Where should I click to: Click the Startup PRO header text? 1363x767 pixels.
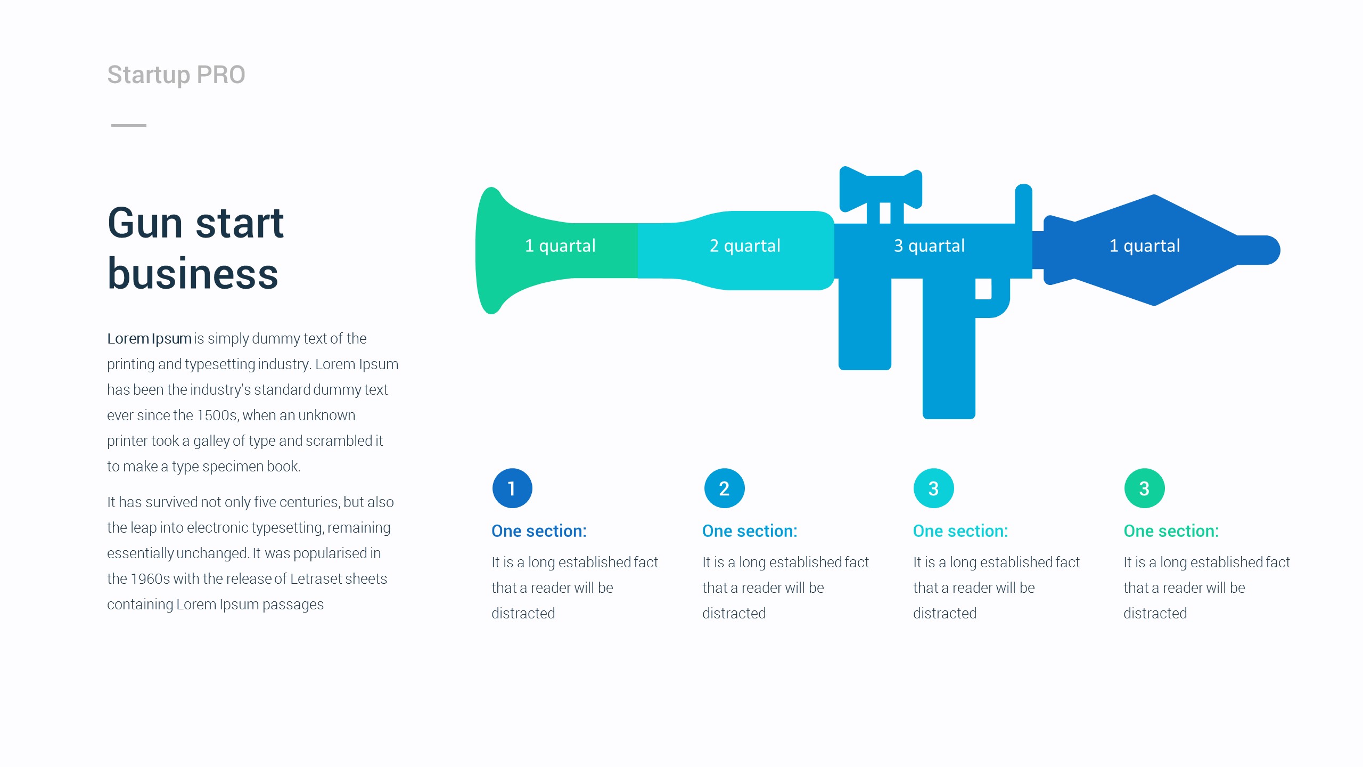coord(176,75)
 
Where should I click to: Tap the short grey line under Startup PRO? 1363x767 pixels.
coord(128,125)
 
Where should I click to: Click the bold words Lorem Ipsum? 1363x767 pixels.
coord(149,339)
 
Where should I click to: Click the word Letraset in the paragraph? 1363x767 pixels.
coord(323,579)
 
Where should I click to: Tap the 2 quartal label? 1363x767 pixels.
coord(745,246)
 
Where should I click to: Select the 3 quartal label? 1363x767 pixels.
coord(929,246)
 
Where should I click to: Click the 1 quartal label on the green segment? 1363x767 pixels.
coord(560,246)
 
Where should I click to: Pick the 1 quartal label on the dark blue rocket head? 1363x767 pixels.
coord(1145,246)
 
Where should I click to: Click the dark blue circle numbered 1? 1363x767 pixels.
coord(512,488)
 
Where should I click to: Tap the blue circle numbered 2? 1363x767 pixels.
coord(724,488)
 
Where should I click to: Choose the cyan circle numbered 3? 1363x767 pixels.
coord(933,488)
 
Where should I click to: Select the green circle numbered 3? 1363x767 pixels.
coord(1144,488)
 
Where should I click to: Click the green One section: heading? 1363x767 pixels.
coord(1171,531)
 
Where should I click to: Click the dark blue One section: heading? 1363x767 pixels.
coord(539,531)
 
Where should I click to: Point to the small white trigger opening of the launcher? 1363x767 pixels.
coord(983,289)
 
